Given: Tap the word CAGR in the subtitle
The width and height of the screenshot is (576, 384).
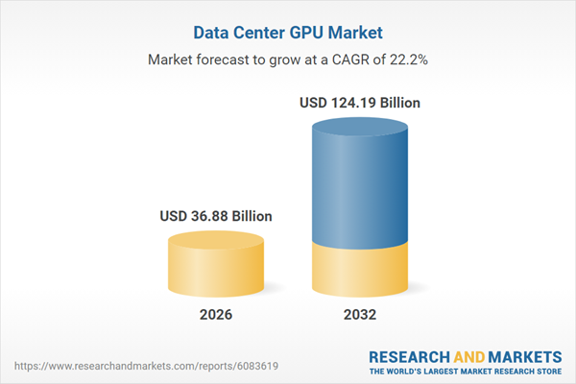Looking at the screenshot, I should [x=350, y=60].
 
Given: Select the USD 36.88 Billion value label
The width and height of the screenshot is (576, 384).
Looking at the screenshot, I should [x=216, y=216].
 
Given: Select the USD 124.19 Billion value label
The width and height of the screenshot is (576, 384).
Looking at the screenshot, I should [x=362, y=103].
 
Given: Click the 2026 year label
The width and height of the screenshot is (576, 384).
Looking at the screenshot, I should [x=216, y=315].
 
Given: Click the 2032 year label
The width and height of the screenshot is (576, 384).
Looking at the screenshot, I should [x=362, y=315].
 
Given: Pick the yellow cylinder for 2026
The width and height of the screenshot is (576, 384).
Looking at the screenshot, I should [x=216, y=269].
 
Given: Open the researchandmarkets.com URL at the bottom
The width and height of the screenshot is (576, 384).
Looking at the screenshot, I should [x=119, y=366].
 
